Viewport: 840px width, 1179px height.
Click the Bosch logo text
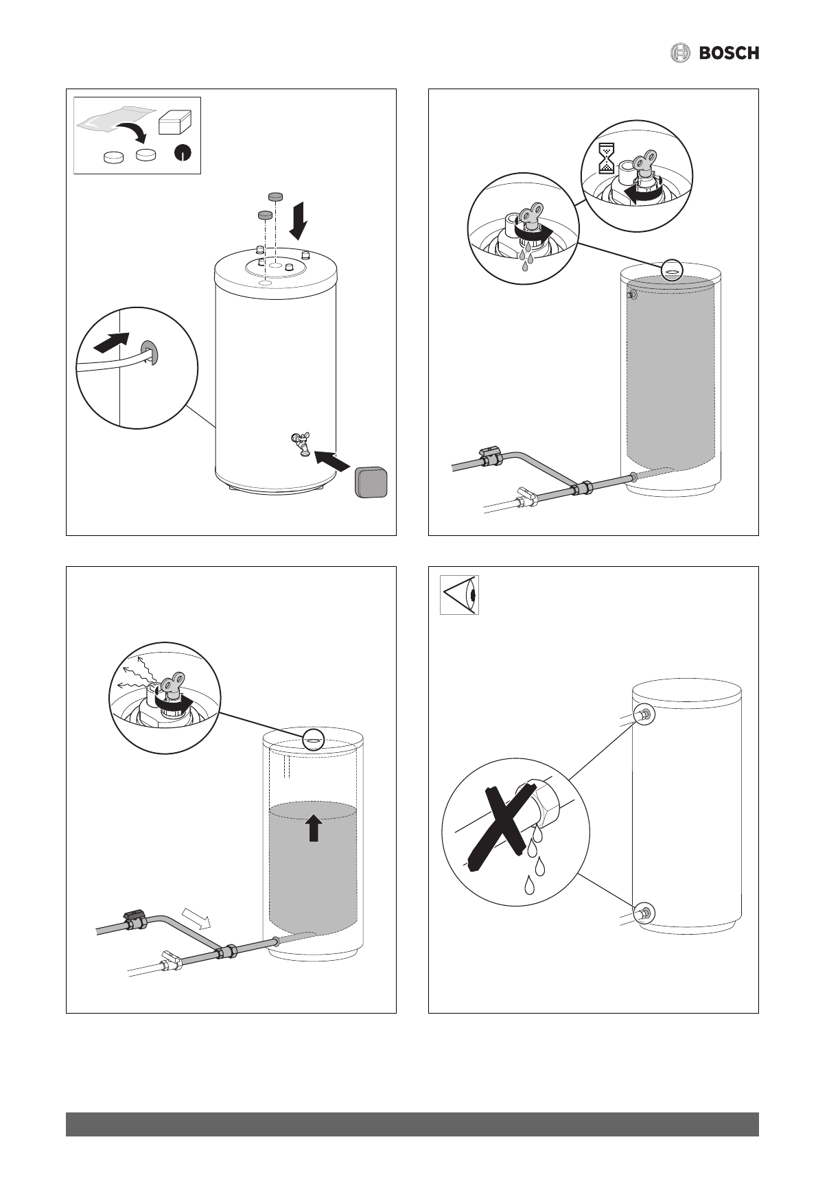[x=729, y=53]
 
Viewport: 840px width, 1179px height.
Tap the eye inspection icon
[x=459, y=595]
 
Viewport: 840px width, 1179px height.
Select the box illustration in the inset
[x=176, y=123]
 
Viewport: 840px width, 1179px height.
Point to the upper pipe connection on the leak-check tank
[x=645, y=715]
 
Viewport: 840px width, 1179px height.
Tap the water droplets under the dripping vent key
[x=527, y=258]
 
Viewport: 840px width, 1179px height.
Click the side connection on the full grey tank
[x=631, y=296]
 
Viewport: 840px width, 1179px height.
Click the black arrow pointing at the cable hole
[x=110, y=340]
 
